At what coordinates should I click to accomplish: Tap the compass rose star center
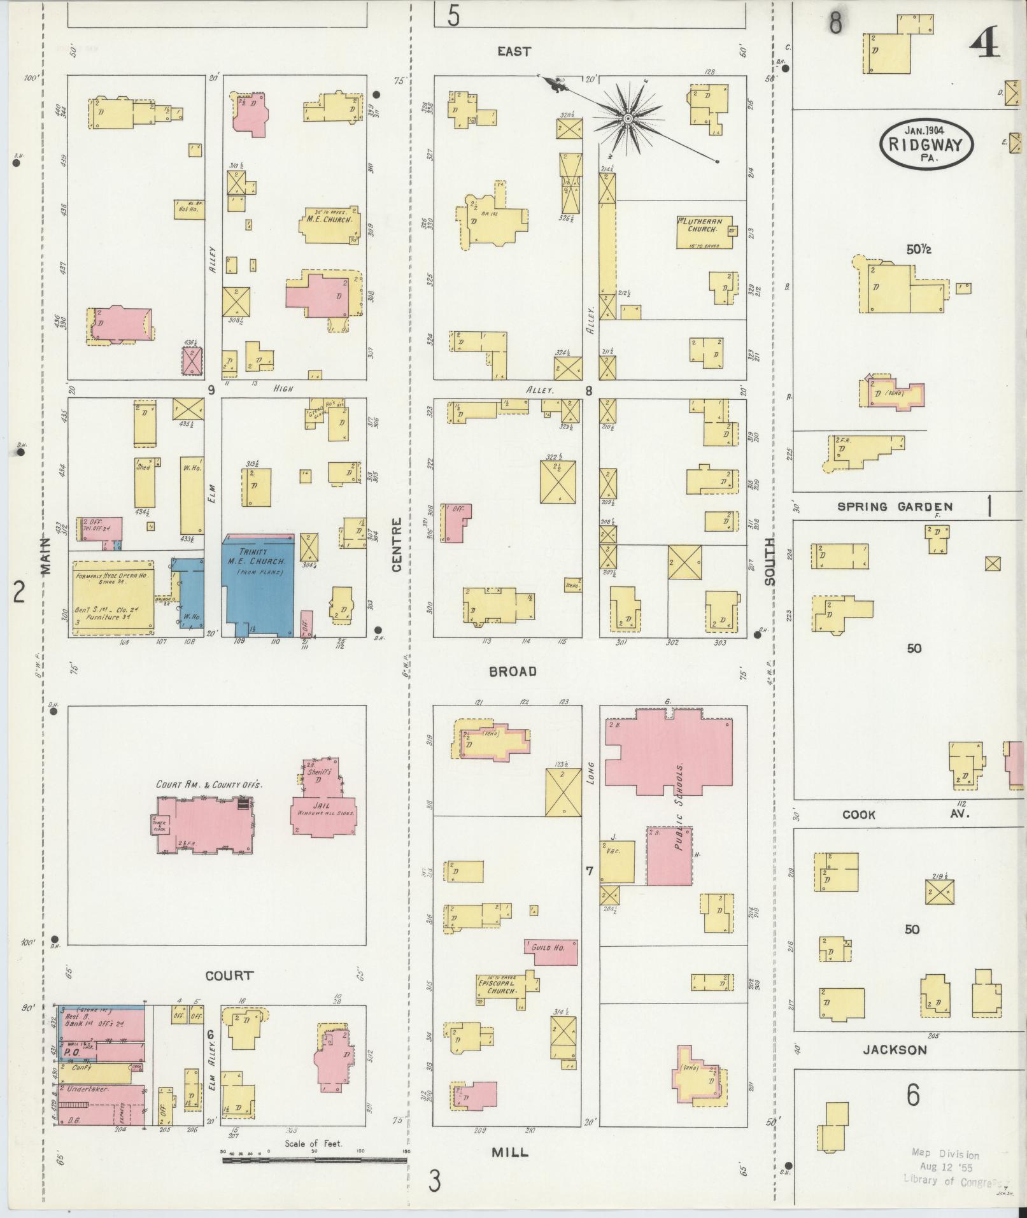(x=627, y=119)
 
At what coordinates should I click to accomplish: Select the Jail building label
(x=323, y=807)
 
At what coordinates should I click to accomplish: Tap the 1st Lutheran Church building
(x=703, y=232)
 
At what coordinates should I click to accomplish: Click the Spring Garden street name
(x=895, y=507)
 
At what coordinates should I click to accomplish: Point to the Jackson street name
(x=894, y=1050)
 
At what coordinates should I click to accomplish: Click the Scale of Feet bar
(x=315, y=1161)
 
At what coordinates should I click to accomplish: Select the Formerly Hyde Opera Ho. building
(x=113, y=598)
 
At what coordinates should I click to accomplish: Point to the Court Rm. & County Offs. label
(x=209, y=784)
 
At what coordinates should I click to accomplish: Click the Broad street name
(x=513, y=671)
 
